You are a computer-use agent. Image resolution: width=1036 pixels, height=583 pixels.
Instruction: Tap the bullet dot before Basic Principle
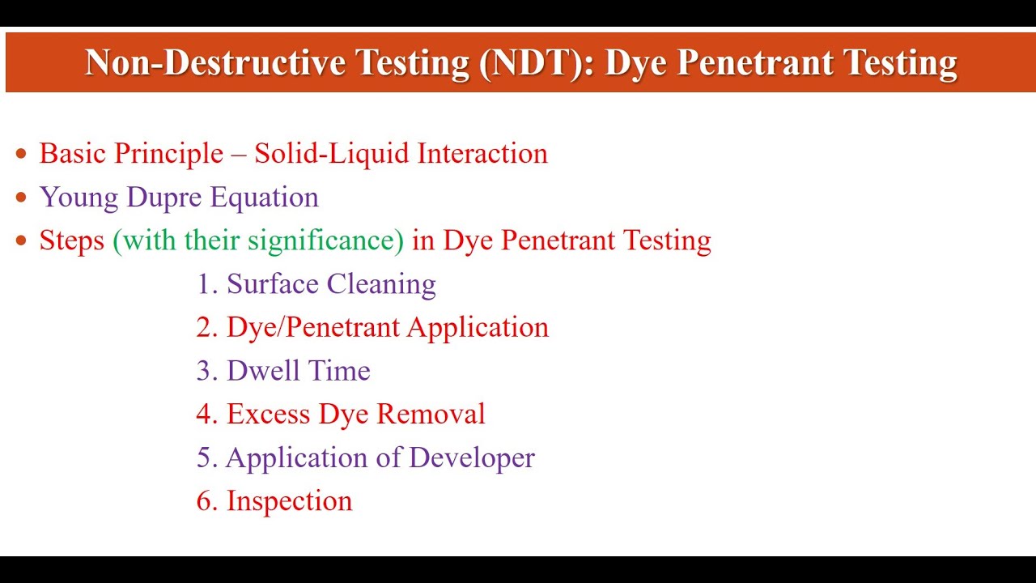pos(22,154)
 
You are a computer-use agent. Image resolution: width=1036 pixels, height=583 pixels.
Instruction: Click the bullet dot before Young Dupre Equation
pos(22,198)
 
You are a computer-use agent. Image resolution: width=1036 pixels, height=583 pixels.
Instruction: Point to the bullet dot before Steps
pos(22,241)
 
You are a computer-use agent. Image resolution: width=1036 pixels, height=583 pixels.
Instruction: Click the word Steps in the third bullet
pos(71,241)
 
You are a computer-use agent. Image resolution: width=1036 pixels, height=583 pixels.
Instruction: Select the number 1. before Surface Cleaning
pos(208,284)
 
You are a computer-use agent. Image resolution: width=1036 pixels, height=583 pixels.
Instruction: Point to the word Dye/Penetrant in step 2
pos(313,328)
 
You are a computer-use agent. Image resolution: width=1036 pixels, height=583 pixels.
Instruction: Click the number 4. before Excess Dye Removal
pos(208,415)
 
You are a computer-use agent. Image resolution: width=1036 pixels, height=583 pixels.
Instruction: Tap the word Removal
pos(431,415)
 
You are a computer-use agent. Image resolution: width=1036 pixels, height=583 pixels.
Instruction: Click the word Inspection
pos(289,501)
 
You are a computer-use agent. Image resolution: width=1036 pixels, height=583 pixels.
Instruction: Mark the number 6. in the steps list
pos(208,501)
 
